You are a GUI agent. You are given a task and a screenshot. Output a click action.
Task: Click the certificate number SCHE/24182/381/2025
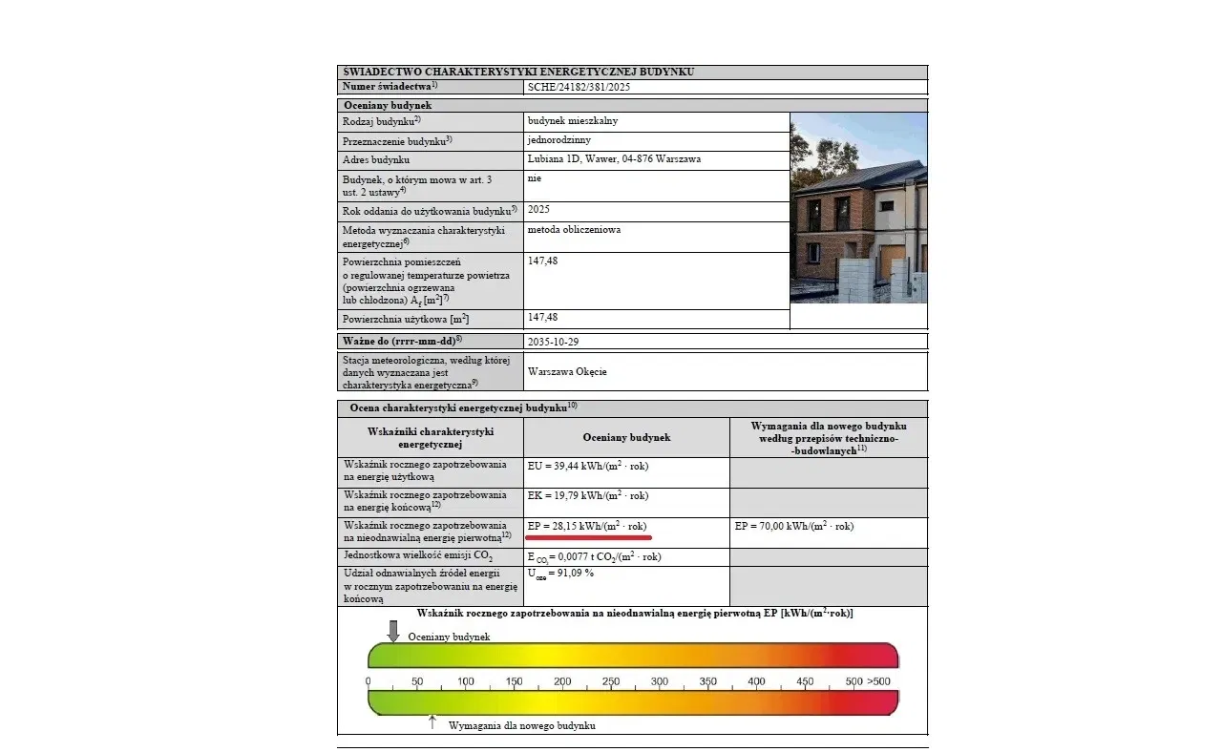tap(579, 87)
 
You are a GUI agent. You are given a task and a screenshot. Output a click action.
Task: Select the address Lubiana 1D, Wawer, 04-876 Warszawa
tap(614, 159)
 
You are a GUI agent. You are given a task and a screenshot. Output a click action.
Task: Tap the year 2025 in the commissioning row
tap(538, 209)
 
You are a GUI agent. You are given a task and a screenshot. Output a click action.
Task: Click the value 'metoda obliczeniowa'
tap(574, 230)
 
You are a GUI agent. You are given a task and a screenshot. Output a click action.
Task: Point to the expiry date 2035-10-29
tap(553, 341)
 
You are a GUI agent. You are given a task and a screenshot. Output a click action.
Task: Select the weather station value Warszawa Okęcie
tap(567, 371)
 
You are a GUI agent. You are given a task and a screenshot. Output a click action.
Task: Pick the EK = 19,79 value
tap(588, 495)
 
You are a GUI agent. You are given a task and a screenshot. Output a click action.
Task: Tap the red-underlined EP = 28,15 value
tap(588, 526)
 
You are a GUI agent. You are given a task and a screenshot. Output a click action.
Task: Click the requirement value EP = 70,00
tap(794, 526)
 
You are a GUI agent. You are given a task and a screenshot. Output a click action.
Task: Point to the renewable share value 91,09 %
tap(561, 573)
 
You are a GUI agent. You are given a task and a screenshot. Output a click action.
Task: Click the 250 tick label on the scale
tap(611, 681)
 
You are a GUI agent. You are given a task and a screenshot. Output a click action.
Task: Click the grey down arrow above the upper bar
tap(392, 631)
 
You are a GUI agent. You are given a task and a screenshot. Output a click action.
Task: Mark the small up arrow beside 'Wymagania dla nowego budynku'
tap(432, 722)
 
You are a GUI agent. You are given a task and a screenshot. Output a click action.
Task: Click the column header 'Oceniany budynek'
tap(626, 437)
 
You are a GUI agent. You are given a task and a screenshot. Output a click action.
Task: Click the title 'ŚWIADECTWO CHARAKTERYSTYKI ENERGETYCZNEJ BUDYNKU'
tap(517, 72)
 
